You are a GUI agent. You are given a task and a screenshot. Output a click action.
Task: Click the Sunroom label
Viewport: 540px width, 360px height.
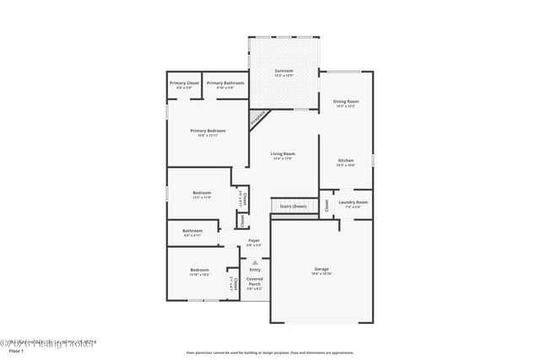pos(283,71)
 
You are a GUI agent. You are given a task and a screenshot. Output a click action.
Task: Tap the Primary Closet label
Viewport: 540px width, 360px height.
pos(184,83)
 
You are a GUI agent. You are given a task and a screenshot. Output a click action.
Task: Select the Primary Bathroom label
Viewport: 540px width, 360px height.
pos(225,83)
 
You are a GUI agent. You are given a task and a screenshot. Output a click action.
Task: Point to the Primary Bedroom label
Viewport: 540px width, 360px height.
pos(208,131)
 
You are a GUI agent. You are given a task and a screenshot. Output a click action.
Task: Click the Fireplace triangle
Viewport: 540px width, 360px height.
pos(258,119)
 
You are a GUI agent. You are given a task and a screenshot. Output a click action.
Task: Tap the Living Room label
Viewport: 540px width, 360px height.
pos(283,153)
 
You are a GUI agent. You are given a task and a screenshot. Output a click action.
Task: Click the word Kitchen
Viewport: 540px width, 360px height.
pos(346,160)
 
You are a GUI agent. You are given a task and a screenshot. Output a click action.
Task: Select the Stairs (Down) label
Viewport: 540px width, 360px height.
pos(293,206)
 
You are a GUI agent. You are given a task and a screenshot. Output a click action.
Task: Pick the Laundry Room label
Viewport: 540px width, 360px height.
pos(353,201)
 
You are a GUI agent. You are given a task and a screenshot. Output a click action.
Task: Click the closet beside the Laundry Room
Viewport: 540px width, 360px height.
pos(326,205)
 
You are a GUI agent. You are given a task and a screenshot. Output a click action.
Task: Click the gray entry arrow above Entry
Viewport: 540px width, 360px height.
pos(254,262)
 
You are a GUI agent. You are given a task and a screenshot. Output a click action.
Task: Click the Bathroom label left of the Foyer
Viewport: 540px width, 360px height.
pos(192,230)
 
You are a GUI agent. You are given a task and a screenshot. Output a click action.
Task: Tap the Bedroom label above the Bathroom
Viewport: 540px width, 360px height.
pos(202,193)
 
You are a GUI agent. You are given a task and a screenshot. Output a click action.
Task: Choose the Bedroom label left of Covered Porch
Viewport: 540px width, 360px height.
pos(199,270)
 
